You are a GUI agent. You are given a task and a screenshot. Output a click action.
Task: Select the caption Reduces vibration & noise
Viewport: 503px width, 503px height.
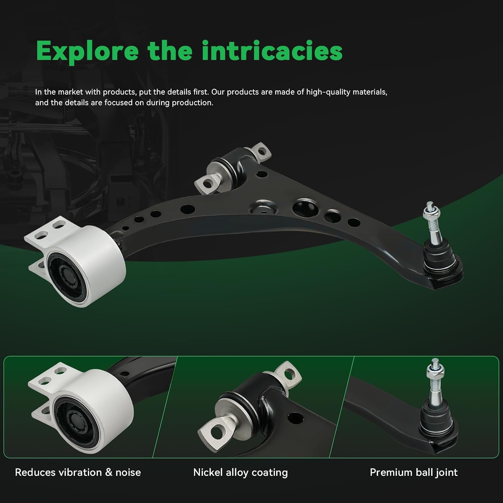(x=78, y=472)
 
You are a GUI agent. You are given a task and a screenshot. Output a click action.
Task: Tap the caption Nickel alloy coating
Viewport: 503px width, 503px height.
(x=240, y=473)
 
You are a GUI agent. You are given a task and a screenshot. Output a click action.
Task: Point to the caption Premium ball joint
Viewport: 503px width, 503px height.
(x=413, y=473)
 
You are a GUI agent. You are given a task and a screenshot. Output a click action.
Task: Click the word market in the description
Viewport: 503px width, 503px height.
(x=70, y=92)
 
